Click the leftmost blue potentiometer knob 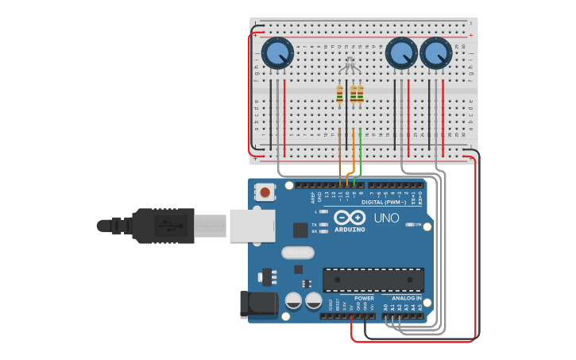(277, 53)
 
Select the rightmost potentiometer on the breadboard (435, 53)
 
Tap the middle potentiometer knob (400, 53)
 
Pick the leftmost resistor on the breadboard (340, 95)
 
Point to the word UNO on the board (386, 218)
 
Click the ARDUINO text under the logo (350, 229)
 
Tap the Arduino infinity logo (350, 217)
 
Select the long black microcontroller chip (373, 280)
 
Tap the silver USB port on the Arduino (251, 225)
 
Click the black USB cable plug (163, 225)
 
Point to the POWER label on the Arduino (364, 298)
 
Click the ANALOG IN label (408, 298)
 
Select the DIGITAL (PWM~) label (384, 202)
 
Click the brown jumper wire (340, 155)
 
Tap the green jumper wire (361, 151)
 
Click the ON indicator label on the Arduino (418, 225)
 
